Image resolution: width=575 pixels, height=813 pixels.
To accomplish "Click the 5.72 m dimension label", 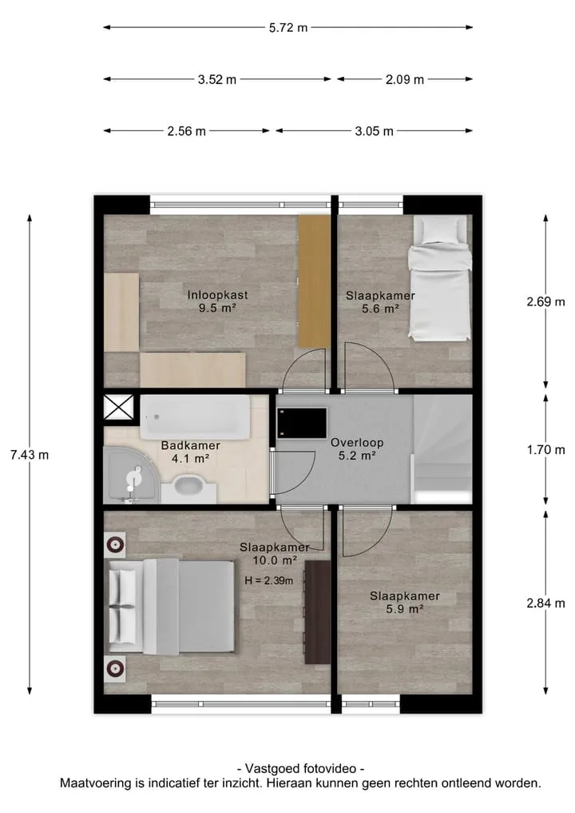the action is [x=288, y=27].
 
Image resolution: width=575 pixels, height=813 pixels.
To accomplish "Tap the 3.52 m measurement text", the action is [x=217, y=79].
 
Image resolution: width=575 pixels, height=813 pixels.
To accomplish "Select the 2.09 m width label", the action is [x=405, y=79].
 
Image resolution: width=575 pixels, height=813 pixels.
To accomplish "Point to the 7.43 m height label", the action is [x=30, y=455].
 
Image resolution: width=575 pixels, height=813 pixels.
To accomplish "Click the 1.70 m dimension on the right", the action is [x=546, y=449].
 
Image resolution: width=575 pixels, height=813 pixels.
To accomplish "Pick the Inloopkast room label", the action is [x=217, y=295].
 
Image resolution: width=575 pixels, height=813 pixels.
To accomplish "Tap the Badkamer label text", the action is [x=191, y=445].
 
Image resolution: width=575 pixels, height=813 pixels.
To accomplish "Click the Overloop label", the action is [x=357, y=443].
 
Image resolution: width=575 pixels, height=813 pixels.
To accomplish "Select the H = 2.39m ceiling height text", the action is [x=269, y=580].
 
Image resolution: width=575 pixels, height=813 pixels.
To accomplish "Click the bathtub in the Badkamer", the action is [x=196, y=416].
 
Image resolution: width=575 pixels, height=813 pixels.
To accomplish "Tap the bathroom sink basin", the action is [x=189, y=488].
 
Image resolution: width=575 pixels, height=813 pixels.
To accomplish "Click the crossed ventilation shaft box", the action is [x=119, y=407].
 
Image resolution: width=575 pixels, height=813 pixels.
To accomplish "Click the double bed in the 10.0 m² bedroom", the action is [x=171, y=607].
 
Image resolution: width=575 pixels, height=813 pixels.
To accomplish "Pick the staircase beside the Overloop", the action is [x=442, y=449].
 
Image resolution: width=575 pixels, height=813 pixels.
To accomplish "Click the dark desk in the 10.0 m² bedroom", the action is [x=317, y=612].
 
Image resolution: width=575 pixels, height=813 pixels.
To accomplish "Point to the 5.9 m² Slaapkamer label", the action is [x=405, y=603].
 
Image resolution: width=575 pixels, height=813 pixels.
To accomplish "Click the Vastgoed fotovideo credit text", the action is [x=300, y=768].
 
